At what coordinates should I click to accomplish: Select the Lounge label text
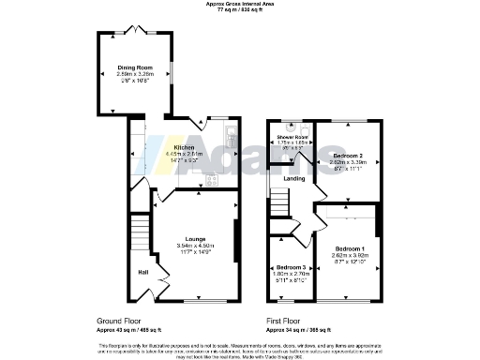pos(195,239)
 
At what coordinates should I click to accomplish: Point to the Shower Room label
pos(292,137)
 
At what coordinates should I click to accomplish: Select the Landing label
pos(293,178)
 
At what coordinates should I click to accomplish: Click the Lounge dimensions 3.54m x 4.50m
pos(195,247)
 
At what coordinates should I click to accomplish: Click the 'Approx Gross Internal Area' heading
pos(240,4)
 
